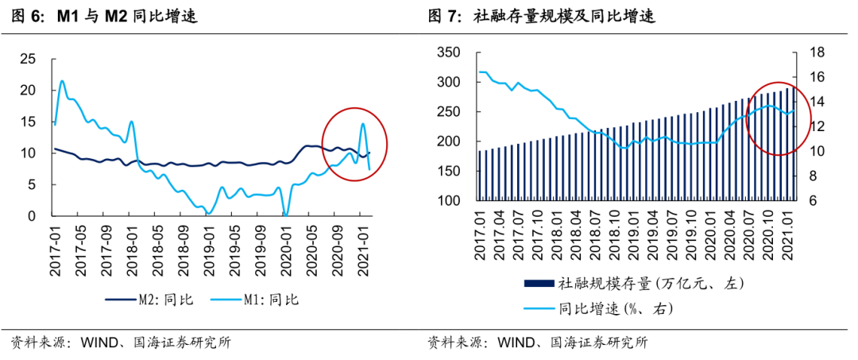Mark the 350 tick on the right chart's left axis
click(450, 53)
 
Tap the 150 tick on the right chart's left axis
click(450, 172)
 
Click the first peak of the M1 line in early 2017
click(62, 81)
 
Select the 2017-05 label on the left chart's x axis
click(79, 249)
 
